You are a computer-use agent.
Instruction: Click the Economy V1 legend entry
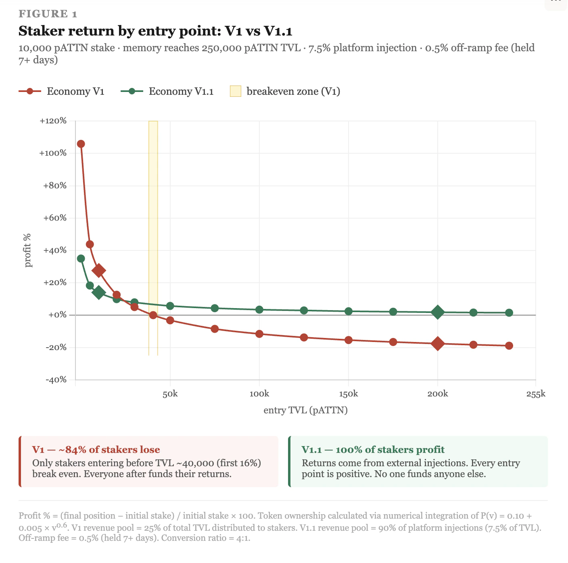coord(61,92)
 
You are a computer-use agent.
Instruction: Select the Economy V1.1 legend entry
coord(167,92)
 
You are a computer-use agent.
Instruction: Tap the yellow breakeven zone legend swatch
coord(236,92)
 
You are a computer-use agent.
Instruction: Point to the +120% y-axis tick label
coord(53,121)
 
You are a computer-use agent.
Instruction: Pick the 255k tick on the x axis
coord(536,394)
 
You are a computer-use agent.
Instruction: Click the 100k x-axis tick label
coord(259,394)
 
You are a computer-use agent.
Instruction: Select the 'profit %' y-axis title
coord(28,250)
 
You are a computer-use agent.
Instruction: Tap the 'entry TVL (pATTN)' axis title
coord(305,411)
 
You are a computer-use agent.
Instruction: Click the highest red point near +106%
coord(81,144)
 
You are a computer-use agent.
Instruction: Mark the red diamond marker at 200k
coord(438,344)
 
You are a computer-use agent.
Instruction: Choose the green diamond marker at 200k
coord(438,312)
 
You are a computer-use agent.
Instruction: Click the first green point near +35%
coord(81,259)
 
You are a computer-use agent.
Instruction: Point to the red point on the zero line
coord(153,315)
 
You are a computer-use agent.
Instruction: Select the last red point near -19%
coord(509,346)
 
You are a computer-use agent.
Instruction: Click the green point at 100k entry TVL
coord(259,310)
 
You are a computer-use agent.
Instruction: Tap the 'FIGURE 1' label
coord(48,14)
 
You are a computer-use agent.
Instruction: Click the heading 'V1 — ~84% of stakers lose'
coord(96,450)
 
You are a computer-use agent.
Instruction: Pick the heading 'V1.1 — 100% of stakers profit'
coord(373,450)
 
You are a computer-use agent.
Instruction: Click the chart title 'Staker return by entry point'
coord(155,31)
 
